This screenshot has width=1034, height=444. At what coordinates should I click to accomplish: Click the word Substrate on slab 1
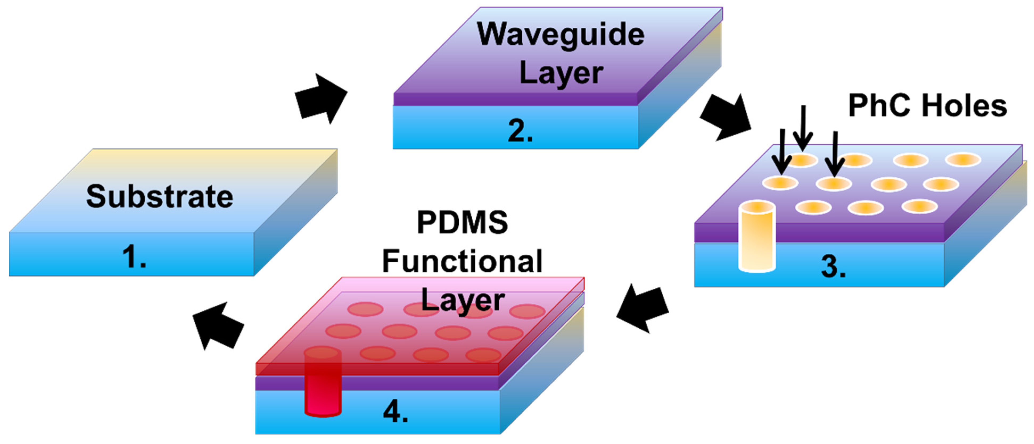[159, 196]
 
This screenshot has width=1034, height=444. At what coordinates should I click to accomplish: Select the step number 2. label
[520, 131]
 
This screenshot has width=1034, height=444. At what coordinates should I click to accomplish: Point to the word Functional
[462, 261]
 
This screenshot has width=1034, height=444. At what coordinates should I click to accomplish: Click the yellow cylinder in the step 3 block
[757, 237]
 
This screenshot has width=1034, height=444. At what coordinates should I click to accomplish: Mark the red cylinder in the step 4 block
[323, 383]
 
